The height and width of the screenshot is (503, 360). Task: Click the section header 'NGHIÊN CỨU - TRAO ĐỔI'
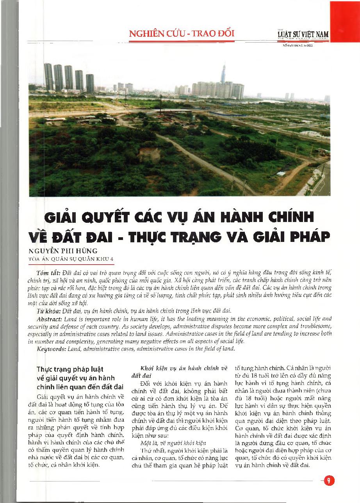pos(182,33)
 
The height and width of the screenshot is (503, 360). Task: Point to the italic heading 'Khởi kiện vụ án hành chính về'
pos(183,369)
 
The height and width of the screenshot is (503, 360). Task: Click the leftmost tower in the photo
pos(48,77)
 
